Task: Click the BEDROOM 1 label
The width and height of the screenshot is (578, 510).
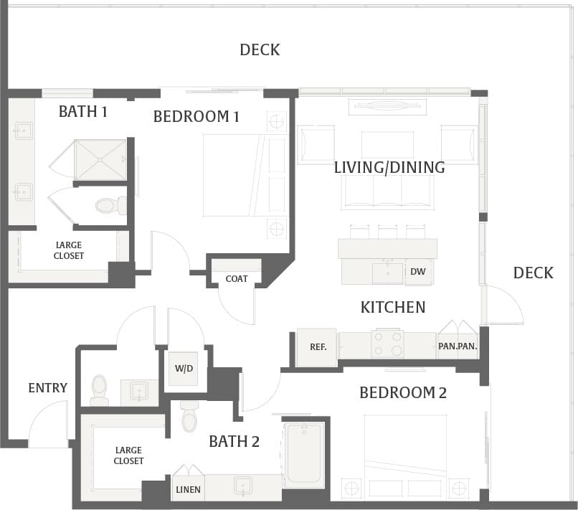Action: point(196,116)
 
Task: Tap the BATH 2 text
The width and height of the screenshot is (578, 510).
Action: point(234,441)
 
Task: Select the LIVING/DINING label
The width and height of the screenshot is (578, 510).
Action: point(389,168)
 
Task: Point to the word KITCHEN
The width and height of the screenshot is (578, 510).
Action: point(393,308)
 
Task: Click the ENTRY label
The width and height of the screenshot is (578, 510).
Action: point(47,388)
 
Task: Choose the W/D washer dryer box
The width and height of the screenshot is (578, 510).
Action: point(184,369)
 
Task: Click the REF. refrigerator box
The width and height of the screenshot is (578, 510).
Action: point(318,347)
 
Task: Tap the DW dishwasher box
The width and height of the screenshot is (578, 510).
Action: point(418,272)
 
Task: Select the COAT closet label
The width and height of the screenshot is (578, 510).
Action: point(237,278)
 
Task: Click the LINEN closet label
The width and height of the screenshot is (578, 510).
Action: point(189,490)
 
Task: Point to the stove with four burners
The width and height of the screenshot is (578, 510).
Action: point(387,344)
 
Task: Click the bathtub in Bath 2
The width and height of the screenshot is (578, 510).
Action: point(304,453)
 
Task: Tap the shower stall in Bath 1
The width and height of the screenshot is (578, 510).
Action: point(101,160)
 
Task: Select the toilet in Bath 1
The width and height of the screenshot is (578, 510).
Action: point(109,206)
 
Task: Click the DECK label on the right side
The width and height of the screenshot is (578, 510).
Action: point(533,273)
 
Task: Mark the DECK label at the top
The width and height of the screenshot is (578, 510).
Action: point(260,49)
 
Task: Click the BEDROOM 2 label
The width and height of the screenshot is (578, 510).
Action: point(407,393)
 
